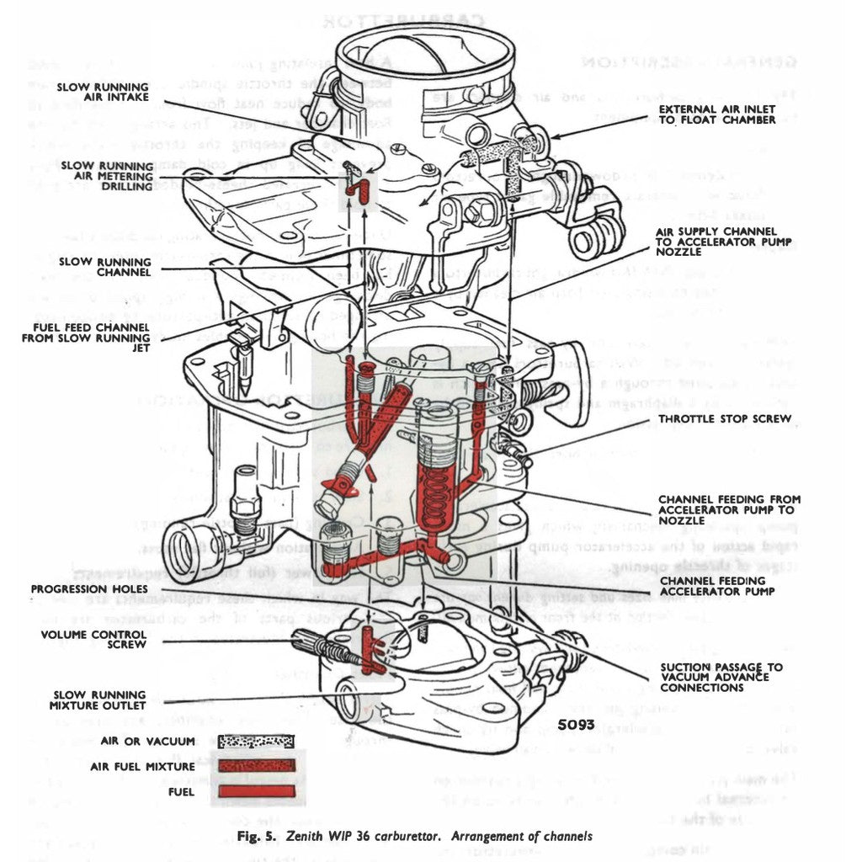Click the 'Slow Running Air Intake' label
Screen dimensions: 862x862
104,92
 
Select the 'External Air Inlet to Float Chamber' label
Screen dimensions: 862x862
716,114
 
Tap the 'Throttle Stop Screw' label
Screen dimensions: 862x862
724,418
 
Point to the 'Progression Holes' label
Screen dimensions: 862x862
80,588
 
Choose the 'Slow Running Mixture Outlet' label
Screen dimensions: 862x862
99,700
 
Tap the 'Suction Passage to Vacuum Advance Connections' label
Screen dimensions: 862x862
721,677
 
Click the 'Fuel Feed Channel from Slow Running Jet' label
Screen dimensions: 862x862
85,337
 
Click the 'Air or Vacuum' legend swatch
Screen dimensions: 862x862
256,742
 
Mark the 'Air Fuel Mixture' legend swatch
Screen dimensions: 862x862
256,766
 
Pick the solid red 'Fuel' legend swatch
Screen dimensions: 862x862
256,791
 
